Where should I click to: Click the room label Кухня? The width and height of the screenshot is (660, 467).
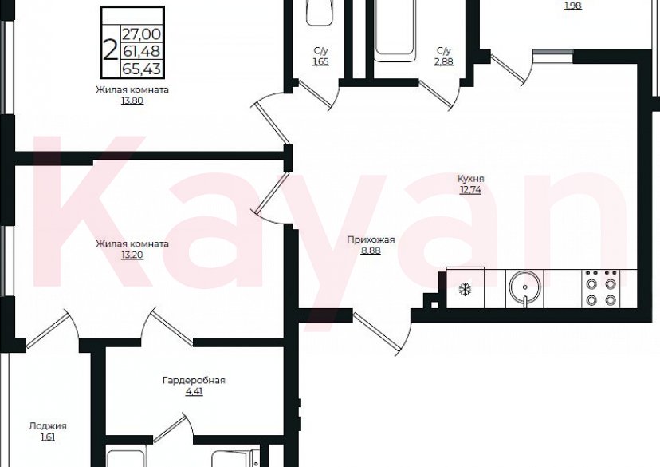coord(470,179)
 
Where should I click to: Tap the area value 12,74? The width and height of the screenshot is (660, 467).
coord(470,190)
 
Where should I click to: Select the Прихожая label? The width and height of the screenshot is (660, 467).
coord(371,239)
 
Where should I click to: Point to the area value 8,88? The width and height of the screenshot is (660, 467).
coord(371,251)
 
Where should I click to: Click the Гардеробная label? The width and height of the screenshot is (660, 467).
coord(194,380)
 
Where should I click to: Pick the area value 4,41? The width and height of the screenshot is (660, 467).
coord(194,391)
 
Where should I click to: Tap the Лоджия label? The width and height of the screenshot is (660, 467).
coord(48,426)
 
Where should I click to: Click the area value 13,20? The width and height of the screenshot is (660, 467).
coord(132,255)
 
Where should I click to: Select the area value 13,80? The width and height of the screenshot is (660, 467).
coord(132,101)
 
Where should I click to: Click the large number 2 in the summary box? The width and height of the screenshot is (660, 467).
coord(110,50)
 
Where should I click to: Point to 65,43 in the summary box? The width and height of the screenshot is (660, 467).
coord(141,69)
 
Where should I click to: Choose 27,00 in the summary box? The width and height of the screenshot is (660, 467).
coord(141,34)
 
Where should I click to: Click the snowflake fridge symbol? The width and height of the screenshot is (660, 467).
coord(466,289)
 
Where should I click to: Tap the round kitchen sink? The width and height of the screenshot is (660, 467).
coord(524,287)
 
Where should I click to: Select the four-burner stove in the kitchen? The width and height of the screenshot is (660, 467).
coord(601,289)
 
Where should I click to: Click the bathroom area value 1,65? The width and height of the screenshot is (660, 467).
coord(320,62)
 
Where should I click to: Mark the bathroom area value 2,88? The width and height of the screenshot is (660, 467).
coord(444,62)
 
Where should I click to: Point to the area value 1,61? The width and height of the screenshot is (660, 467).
coord(48,437)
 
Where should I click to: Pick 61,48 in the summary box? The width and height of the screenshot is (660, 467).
coord(141,51)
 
